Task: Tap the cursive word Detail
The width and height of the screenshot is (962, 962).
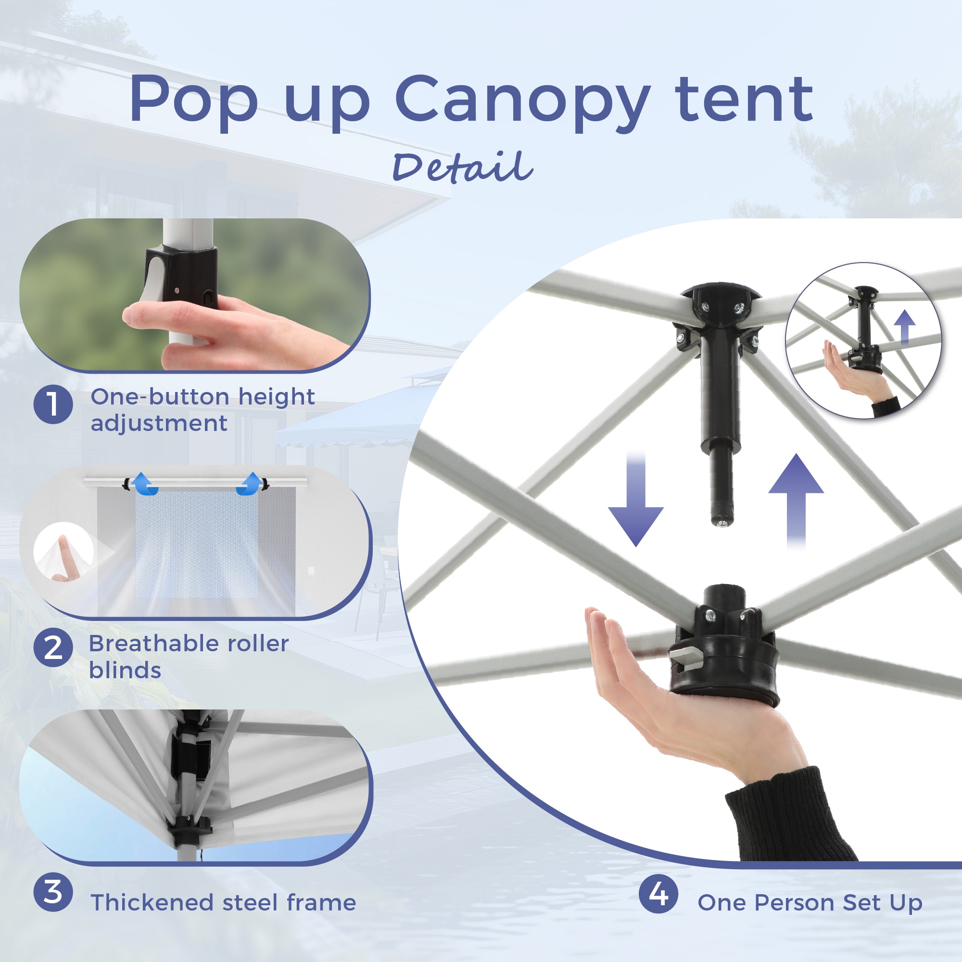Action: [463, 167]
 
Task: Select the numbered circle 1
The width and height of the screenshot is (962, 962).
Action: [53, 405]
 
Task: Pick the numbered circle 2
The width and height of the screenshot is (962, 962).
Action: [53, 647]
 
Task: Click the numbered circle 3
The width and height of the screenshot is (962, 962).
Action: [53, 892]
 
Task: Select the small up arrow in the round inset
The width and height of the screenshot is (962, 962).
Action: [905, 328]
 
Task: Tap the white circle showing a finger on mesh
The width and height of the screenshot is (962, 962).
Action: [63, 552]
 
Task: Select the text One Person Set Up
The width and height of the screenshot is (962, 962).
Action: [810, 902]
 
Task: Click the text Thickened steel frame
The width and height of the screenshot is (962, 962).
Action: [223, 902]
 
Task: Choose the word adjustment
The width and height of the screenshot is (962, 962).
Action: [159, 424]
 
